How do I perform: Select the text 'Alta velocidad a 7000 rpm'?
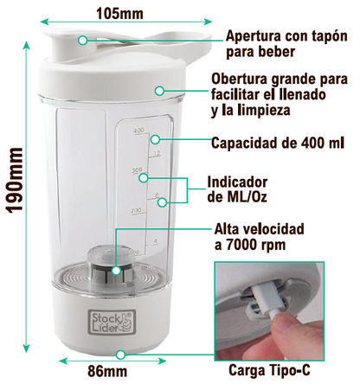[x=258, y=238]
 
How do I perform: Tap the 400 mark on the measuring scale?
[x=138, y=131]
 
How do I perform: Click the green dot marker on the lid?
[x=81, y=40]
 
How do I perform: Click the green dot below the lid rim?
[x=158, y=90]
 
